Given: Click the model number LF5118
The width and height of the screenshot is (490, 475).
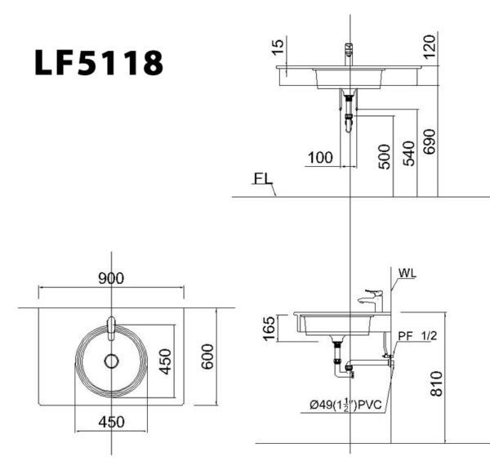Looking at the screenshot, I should click(98, 62).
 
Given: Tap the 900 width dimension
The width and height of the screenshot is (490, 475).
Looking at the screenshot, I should click(111, 279).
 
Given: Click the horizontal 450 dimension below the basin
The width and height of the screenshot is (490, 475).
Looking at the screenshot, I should click(111, 421).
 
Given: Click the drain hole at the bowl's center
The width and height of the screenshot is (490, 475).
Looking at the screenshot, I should click(111, 360).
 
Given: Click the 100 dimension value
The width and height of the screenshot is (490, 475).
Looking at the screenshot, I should click(319, 157).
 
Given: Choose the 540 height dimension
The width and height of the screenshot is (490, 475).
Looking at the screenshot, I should click(410, 152).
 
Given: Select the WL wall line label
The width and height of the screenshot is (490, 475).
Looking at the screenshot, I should click(409, 274).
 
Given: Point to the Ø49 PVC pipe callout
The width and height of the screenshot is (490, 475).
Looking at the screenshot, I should click(345, 403).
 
